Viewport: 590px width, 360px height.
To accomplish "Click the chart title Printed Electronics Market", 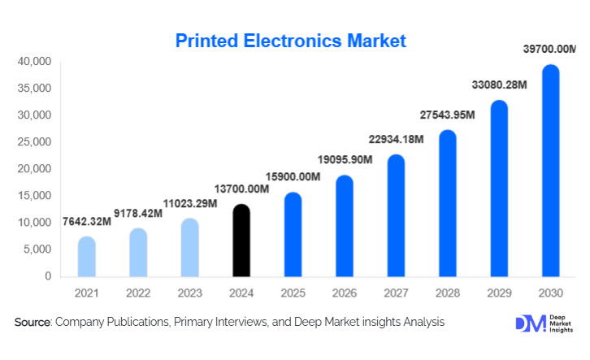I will click(290, 41).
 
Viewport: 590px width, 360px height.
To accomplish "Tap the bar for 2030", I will click(550, 171).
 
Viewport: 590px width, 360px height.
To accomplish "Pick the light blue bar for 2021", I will click(86, 257).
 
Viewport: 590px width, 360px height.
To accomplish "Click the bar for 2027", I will click(396, 215).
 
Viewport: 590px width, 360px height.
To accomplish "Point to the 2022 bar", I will click(137, 253).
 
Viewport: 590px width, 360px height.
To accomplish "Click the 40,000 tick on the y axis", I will click(34, 62).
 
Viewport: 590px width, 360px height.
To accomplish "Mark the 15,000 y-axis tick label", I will click(34, 196).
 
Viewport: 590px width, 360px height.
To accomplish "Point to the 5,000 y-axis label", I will click(37, 249).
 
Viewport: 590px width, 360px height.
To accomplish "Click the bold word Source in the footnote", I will click(33, 323).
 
